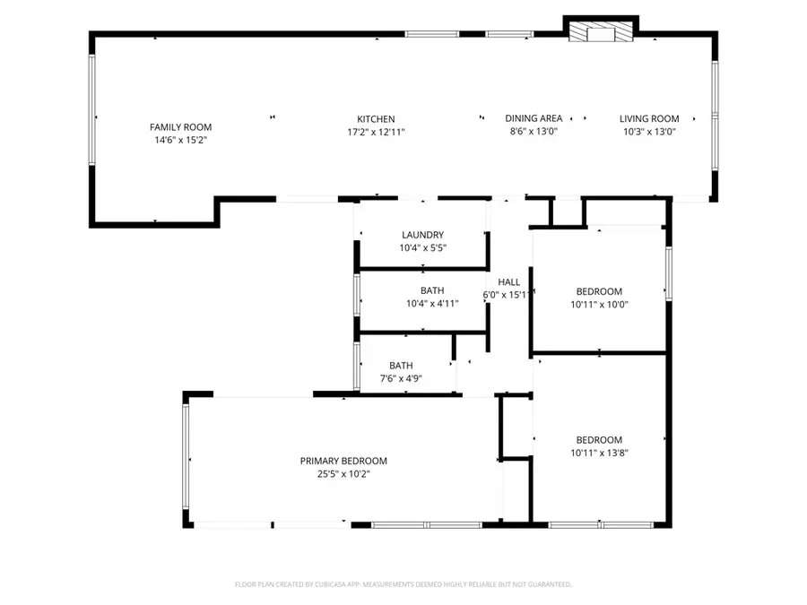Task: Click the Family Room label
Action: coord(180,127)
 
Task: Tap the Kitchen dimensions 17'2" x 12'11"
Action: coord(376,132)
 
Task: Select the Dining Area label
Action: coord(534,118)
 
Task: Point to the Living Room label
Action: coord(649,118)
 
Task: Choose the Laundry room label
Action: coord(422,235)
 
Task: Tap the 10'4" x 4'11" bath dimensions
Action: coord(432,303)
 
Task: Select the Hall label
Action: coord(508,282)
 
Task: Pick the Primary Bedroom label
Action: coord(343,461)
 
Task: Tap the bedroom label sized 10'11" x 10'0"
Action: coord(599,291)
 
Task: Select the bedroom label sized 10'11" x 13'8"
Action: coord(599,440)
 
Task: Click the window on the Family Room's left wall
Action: coord(91,110)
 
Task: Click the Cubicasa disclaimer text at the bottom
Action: coord(403,584)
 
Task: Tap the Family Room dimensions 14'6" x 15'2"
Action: coord(180,140)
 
